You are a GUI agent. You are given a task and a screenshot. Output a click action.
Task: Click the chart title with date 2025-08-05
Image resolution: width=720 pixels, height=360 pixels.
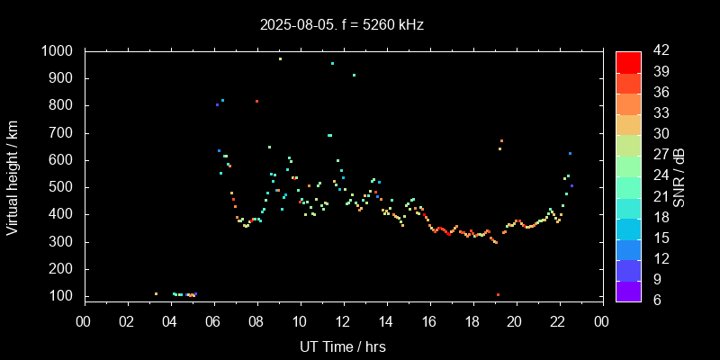click(341, 24)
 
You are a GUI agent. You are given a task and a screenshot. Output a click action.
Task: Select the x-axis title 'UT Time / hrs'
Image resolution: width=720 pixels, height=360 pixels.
click(343, 346)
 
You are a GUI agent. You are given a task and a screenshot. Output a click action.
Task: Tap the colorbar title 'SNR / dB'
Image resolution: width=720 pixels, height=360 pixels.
click(679, 175)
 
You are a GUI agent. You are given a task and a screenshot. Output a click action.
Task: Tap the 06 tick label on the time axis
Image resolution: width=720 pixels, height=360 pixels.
click(213, 320)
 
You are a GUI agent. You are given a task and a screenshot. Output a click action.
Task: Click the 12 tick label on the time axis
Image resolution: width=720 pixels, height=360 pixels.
click(343, 320)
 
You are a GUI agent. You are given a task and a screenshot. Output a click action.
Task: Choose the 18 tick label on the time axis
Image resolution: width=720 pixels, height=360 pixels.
click(472, 320)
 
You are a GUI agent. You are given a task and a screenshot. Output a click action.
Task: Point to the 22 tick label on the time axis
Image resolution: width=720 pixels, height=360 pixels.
click(559, 320)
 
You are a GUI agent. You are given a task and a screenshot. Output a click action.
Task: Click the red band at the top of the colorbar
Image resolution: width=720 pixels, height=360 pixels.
click(628, 61)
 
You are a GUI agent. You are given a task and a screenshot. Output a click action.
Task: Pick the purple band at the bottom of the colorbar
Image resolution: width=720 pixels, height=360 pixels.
click(628, 290)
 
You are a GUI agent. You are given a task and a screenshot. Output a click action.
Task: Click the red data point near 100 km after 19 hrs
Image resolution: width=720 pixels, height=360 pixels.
click(498, 294)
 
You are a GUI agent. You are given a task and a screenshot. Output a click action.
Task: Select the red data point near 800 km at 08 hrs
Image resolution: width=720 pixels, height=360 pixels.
click(256, 101)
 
